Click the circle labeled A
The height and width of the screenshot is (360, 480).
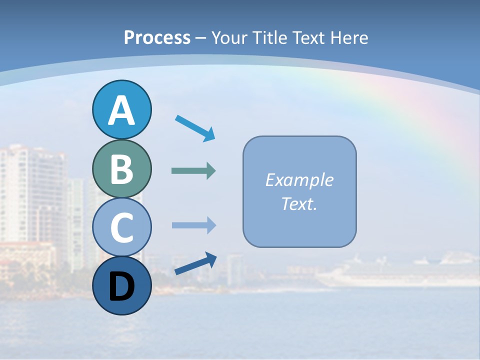121,109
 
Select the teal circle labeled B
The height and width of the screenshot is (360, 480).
121,168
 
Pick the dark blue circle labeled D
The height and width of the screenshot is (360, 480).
121,285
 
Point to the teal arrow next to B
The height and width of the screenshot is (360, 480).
193,171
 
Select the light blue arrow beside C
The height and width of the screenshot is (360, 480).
193,225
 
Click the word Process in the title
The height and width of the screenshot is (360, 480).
157,37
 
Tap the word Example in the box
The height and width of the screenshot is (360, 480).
299,180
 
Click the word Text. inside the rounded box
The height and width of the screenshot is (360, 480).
299,203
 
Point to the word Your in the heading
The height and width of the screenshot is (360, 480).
229,37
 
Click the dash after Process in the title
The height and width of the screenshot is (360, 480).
200,38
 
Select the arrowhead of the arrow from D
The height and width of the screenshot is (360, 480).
211,259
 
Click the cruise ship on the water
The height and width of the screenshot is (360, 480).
400,272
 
